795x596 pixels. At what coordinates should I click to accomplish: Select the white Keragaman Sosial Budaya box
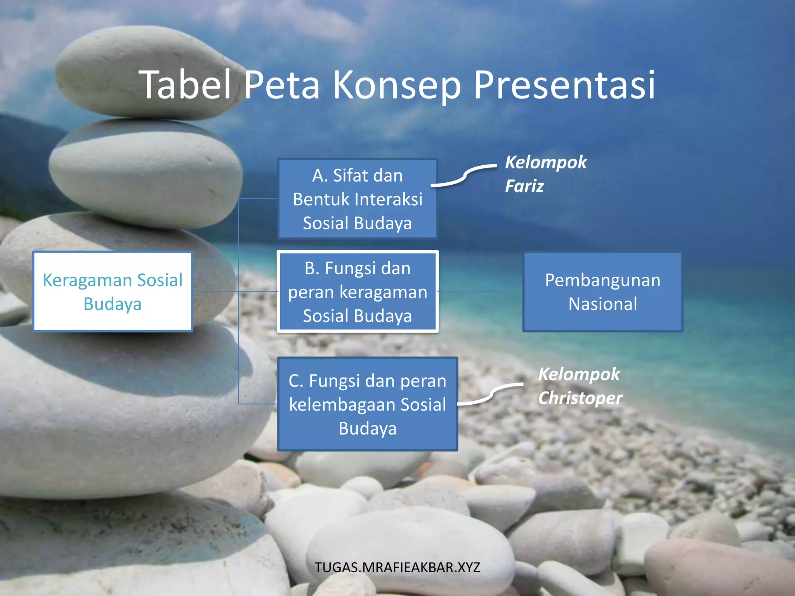pyautogui.click(x=113, y=291)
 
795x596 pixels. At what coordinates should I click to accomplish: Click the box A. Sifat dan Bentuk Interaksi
pyautogui.click(x=357, y=199)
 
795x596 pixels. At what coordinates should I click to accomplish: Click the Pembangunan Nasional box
pyautogui.click(x=602, y=292)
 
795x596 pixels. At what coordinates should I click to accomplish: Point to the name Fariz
pyautogui.click(x=524, y=186)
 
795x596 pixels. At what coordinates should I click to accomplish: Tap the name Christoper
pyautogui.click(x=580, y=398)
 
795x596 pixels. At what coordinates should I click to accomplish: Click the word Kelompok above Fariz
pyautogui.click(x=546, y=162)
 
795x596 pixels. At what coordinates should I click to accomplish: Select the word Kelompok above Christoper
pyautogui.click(x=579, y=374)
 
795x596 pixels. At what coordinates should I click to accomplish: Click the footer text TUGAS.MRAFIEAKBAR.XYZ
pyautogui.click(x=397, y=567)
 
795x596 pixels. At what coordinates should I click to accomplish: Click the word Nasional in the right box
pyautogui.click(x=602, y=304)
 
